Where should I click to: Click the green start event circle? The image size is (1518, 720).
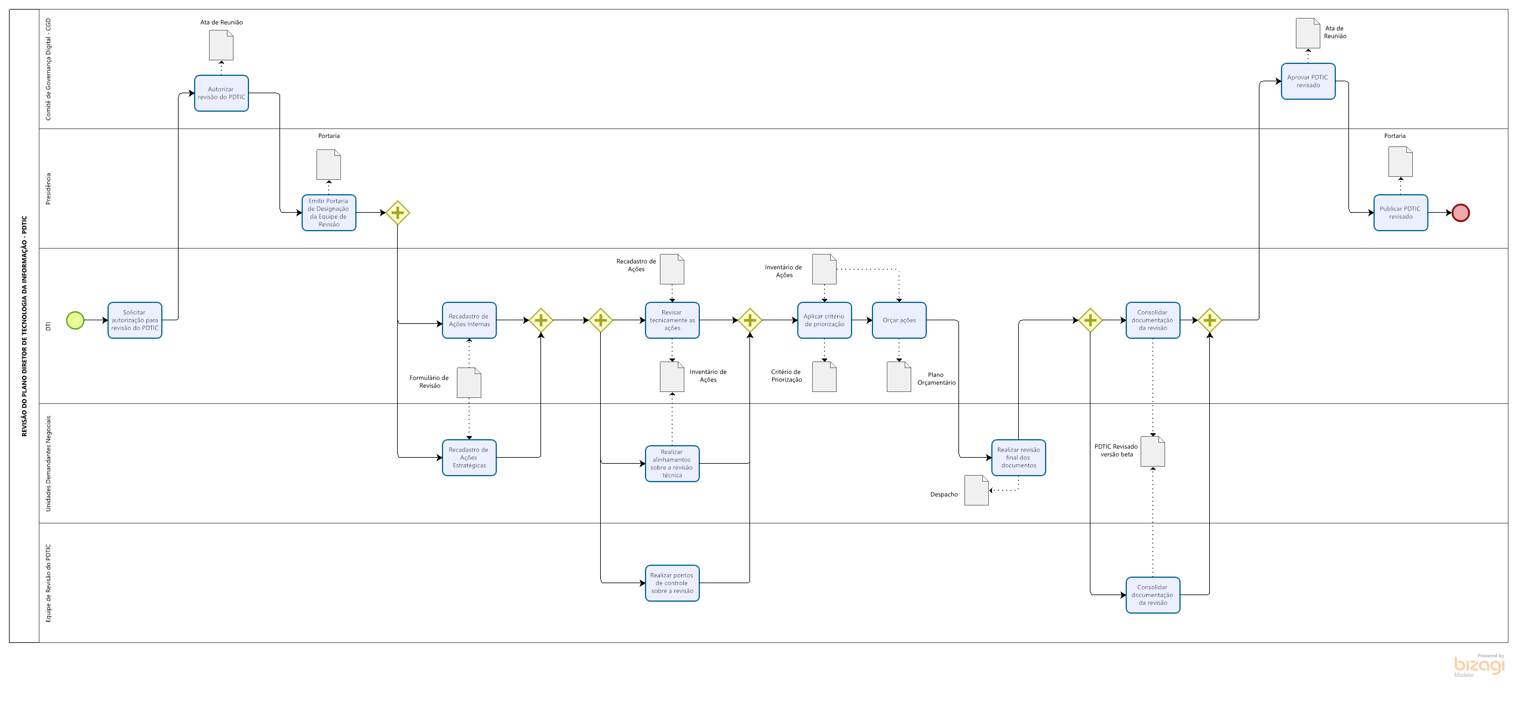75,320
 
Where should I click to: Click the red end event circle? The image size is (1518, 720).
1460,213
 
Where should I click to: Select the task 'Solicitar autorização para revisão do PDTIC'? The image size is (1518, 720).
135,320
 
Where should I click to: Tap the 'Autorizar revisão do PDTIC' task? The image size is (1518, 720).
221,93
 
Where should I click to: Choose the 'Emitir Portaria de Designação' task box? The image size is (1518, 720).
328,213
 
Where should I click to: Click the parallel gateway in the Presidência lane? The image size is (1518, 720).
398,213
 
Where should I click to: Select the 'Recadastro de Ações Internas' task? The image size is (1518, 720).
469,320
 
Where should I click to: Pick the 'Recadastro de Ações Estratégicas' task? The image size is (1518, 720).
469,458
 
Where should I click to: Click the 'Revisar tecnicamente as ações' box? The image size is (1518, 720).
672,320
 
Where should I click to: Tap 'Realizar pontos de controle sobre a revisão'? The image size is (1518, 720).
672,583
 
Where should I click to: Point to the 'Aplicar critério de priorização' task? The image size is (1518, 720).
824,320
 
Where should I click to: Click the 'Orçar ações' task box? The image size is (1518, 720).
899,320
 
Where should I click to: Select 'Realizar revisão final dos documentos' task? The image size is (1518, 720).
1018,458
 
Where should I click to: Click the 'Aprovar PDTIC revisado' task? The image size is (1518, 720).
1308,81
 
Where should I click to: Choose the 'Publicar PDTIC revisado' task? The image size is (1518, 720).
1400,213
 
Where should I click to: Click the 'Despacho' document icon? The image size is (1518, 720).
976,491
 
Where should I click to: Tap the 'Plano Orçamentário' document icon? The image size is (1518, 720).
899,377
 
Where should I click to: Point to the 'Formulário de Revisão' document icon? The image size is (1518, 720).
469,383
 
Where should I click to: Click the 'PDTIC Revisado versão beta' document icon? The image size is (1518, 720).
1153,452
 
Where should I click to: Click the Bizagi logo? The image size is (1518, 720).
1479,665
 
